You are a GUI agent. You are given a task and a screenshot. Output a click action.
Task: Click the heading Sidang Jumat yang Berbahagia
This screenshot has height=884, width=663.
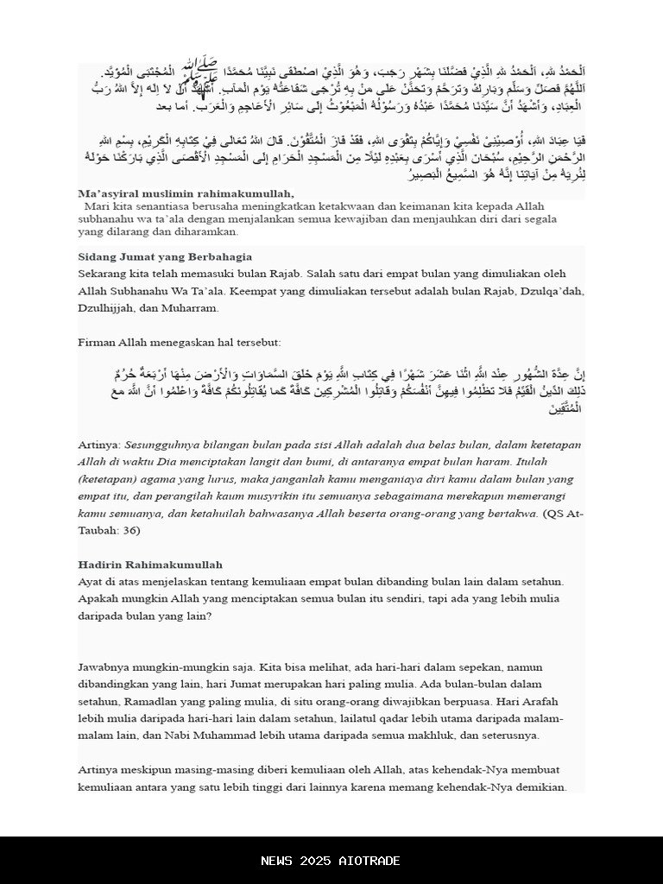coord(165,256)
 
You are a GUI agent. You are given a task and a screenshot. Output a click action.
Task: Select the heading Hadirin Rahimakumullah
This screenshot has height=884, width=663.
coord(150,565)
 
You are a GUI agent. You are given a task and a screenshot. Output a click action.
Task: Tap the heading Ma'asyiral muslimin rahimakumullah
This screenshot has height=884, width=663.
coord(186,193)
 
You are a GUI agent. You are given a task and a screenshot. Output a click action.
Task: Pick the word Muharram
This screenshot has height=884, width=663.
coord(193,307)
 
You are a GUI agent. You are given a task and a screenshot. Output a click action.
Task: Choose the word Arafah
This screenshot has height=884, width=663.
coord(548,702)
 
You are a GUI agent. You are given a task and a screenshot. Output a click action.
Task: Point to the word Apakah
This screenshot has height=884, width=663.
coord(99,599)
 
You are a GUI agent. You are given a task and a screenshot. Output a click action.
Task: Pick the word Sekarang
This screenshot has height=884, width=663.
coord(105,274)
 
